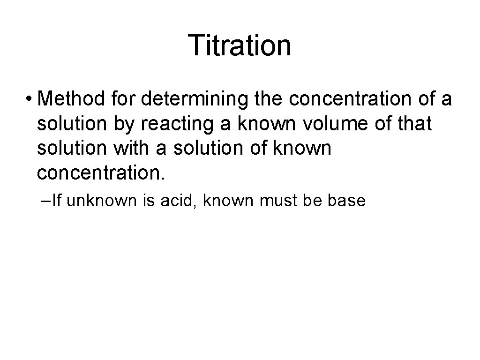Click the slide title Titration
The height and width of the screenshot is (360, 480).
pos(240,45)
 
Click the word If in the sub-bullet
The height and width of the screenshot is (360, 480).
pos(58,201)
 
